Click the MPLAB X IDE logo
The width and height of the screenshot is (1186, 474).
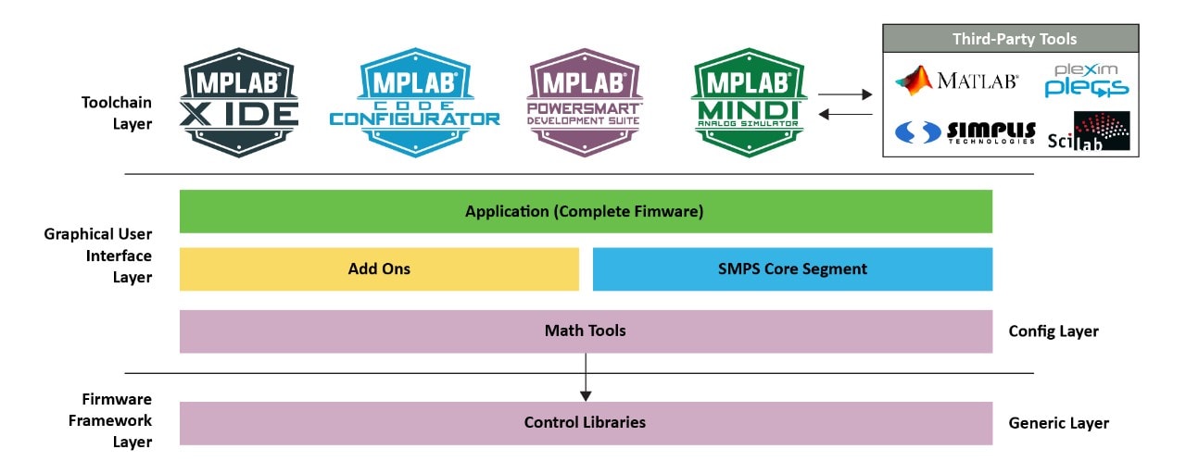(239, 103)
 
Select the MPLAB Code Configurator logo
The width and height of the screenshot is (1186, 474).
(414, 103)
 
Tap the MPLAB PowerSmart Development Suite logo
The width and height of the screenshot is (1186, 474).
(583, 103)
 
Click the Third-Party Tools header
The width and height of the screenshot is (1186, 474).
(1010, 39)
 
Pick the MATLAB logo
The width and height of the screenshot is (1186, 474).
(957, 81)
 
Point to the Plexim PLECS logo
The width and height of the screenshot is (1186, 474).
(1086, 81)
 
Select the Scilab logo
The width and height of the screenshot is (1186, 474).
(1090, 132)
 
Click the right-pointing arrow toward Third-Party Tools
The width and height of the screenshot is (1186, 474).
(845, 94)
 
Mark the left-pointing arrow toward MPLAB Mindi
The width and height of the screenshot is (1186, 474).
(845, 114)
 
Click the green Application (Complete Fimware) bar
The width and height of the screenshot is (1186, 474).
(586, 211)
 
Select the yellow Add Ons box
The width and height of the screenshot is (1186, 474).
(379, 269)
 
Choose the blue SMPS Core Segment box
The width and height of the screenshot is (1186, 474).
(792, 269)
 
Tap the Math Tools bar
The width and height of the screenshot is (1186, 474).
(586, 331)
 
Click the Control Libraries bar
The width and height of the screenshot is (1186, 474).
(586, 423)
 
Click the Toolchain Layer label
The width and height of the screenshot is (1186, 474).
(116, 113)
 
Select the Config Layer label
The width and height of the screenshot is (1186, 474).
(1053, 331)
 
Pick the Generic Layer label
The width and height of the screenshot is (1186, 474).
(1058, 423)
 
